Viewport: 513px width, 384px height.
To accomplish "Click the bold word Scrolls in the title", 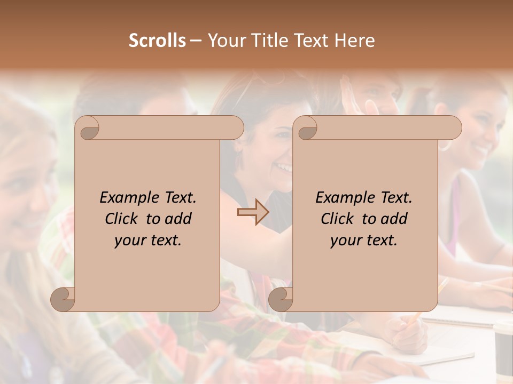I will [x=157, y=41].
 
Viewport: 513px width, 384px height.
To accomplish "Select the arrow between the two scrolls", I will [x=253, y=212].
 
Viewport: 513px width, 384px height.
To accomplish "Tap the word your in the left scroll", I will [x=129, y=241].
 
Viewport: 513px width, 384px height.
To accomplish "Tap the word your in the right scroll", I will [x=345, y=241].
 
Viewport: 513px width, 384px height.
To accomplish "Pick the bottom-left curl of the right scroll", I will [x=281, y=299].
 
